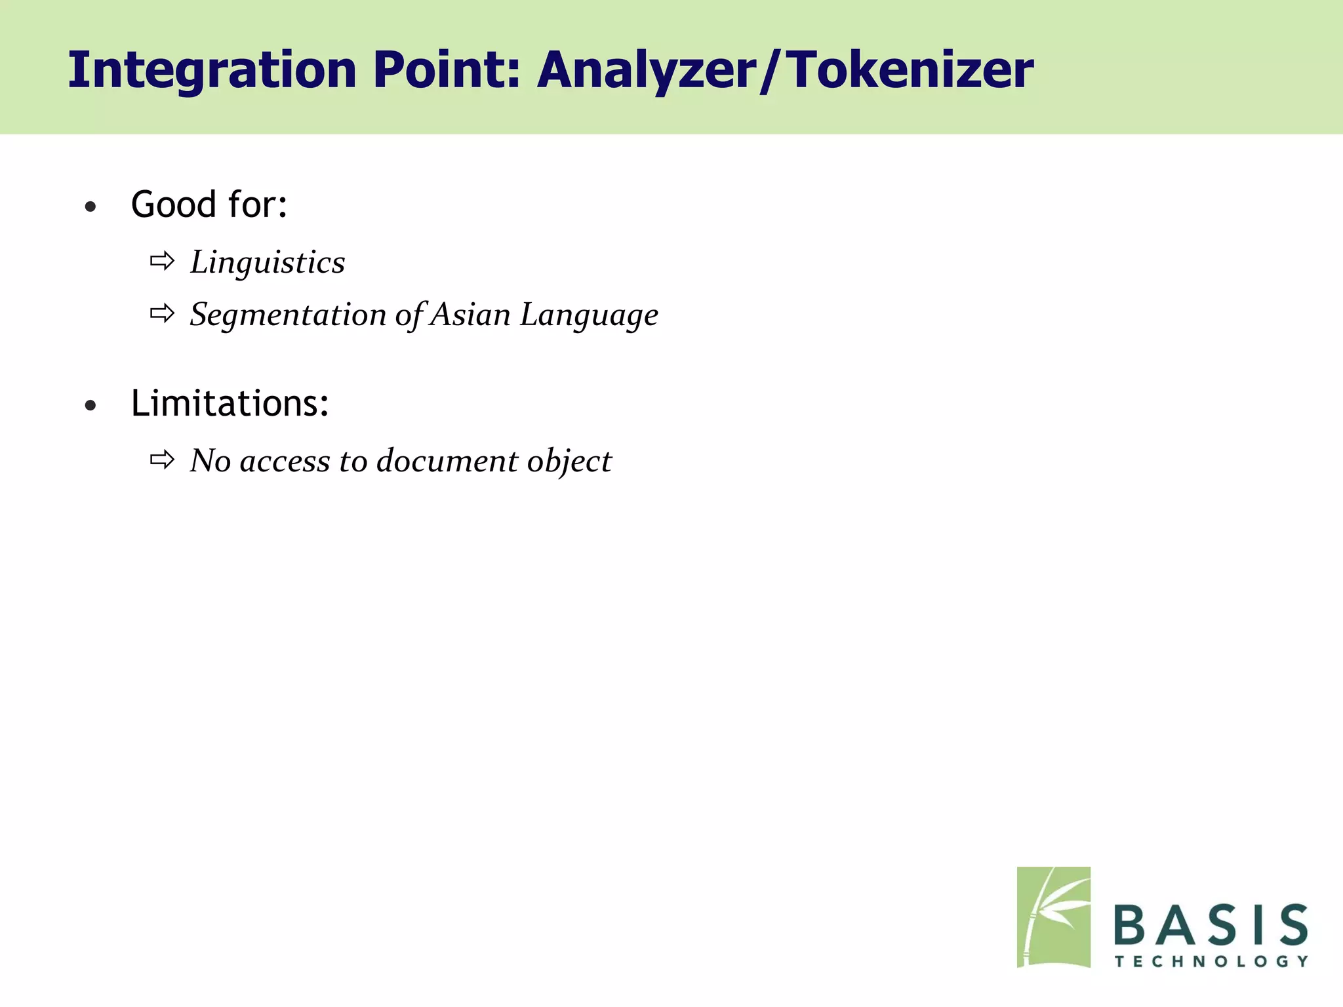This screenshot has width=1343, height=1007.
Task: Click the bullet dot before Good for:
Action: click(x=90, y=208)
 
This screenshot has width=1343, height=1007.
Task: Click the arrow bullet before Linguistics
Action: click(x=162, y=262)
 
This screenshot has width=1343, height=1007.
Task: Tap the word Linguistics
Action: click(x=268, y=263)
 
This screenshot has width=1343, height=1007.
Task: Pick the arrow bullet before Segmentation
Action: click(x=162, y=314)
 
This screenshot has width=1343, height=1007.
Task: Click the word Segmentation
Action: click(x=288, y=315)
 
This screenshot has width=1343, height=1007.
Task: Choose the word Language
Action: click(x=589, y=315)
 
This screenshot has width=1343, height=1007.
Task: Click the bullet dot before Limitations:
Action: click(x=90, y=406)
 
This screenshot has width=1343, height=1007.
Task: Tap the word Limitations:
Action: click(x=230, y=403)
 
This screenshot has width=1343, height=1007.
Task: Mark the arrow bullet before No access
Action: click(x=162, y=460)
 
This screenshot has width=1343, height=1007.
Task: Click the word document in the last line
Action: click(x=447, y=461)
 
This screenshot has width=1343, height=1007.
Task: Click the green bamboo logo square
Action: click(x=1053, y=917)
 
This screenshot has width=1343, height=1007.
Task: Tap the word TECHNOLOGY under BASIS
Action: click(x=1211, y=961)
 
